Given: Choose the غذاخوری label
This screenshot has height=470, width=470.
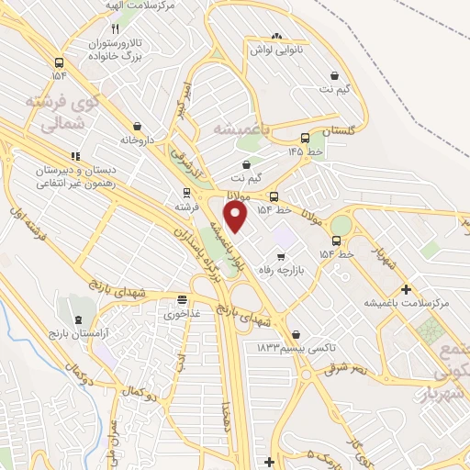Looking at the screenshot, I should (x=184, y=314).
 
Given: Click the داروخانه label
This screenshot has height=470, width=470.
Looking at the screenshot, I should (x=139, y=140).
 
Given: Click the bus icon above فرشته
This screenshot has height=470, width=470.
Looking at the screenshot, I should (x=186, y=193).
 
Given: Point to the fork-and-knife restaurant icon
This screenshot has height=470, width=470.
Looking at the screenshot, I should (x=140, y=28).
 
